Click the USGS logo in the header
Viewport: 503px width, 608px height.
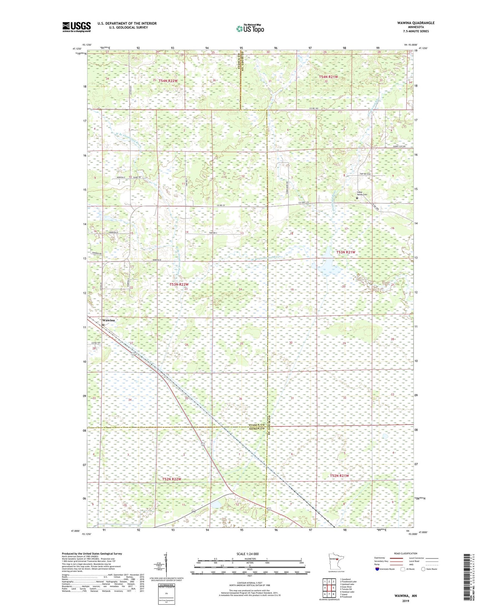76,26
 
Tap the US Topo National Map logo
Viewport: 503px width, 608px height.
249,29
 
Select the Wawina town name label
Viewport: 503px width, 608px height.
108,320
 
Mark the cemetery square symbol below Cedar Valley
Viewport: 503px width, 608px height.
357,198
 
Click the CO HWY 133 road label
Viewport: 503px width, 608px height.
304,202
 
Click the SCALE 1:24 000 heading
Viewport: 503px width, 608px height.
249,554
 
